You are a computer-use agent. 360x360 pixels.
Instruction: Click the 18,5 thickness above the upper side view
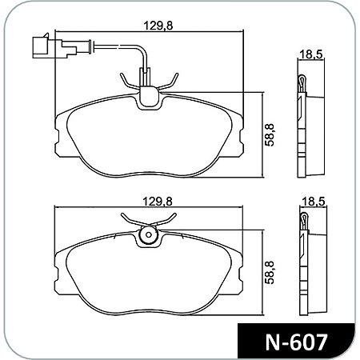tap(310, 55)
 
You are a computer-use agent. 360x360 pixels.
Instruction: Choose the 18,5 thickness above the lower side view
tap(310, 203)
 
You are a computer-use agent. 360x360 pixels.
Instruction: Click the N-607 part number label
tap(295, 342)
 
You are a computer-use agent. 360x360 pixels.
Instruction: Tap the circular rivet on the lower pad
tap(148, 236)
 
